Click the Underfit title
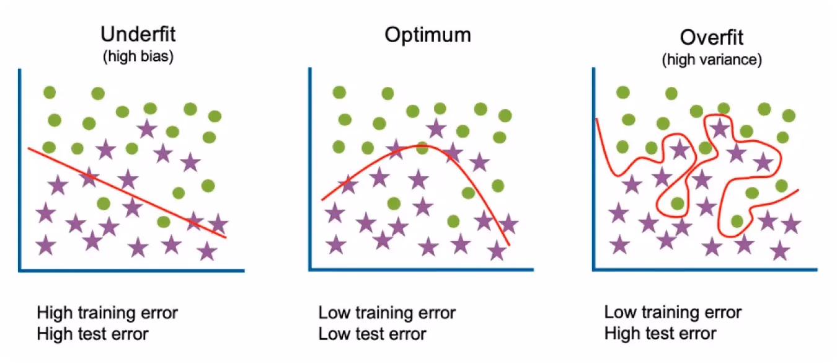(138, 34)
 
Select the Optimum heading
(427, 35)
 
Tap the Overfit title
(712, 37)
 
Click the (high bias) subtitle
(138, 56)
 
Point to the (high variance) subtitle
(712, 60)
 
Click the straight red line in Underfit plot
(127, 193)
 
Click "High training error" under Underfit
(107, 313)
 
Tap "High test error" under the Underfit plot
(92, 334)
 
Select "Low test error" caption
(372, 334)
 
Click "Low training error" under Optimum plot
(387, 313)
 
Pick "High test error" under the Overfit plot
(660, 333)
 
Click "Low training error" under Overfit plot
(673, 312)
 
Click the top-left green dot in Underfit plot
(50, 92)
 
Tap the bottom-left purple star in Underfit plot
(46, 245)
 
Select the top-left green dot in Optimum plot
(339, 92)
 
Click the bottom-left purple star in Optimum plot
(336, 245)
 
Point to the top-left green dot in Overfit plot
(623, 92)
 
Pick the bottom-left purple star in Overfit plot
(619, 245)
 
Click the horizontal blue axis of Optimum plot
(421, 269)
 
